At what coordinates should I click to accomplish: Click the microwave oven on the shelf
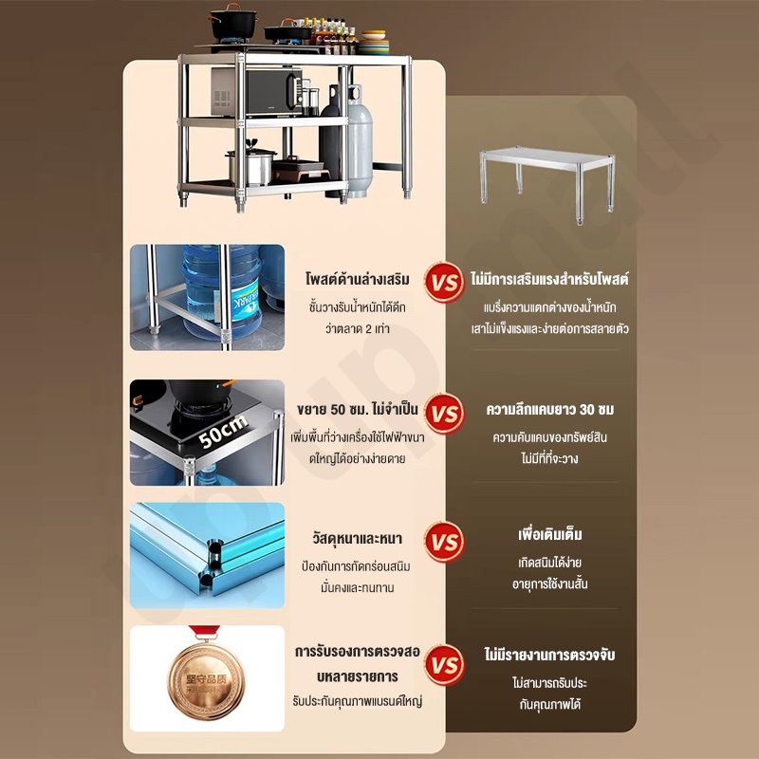coord(256,91)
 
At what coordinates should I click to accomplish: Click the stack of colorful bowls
coord(374,42)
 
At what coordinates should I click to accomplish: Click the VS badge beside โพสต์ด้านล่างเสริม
coord(444,283)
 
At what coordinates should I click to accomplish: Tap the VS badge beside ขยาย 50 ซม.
coord(444,413)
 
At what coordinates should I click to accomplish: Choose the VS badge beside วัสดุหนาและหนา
coord(444,542)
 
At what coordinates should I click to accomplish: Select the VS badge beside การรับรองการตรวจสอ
coord(444,665)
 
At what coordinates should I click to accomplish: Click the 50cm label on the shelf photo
coord(223,432)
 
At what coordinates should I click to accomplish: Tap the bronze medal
coord(207,680)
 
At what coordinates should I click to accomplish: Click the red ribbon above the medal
coord(205,632)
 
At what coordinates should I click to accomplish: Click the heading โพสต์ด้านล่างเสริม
coord(358,279)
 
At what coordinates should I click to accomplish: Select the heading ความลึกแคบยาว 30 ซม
coord(550,410)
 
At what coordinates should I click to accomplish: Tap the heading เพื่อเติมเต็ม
coord(550,534)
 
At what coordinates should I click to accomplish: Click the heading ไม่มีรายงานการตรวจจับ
coord(550,655)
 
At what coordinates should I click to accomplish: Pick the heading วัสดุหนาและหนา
coord(358,538)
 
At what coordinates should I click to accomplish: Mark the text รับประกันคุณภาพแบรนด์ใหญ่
coord(358,701)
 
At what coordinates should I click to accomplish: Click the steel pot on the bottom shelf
coord(251,166)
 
